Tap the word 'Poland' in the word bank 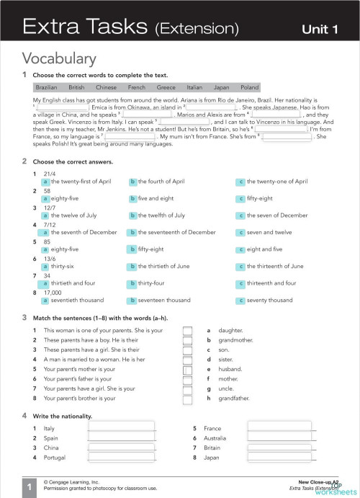click(x=249, y=87)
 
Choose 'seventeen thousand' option click(x=164, y=300)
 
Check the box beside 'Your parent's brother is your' click(x=187, y=398)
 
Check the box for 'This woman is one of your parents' click(x=187, y=330)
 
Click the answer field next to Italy click(x=120, y=428)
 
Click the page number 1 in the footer click(x=28, y=488)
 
